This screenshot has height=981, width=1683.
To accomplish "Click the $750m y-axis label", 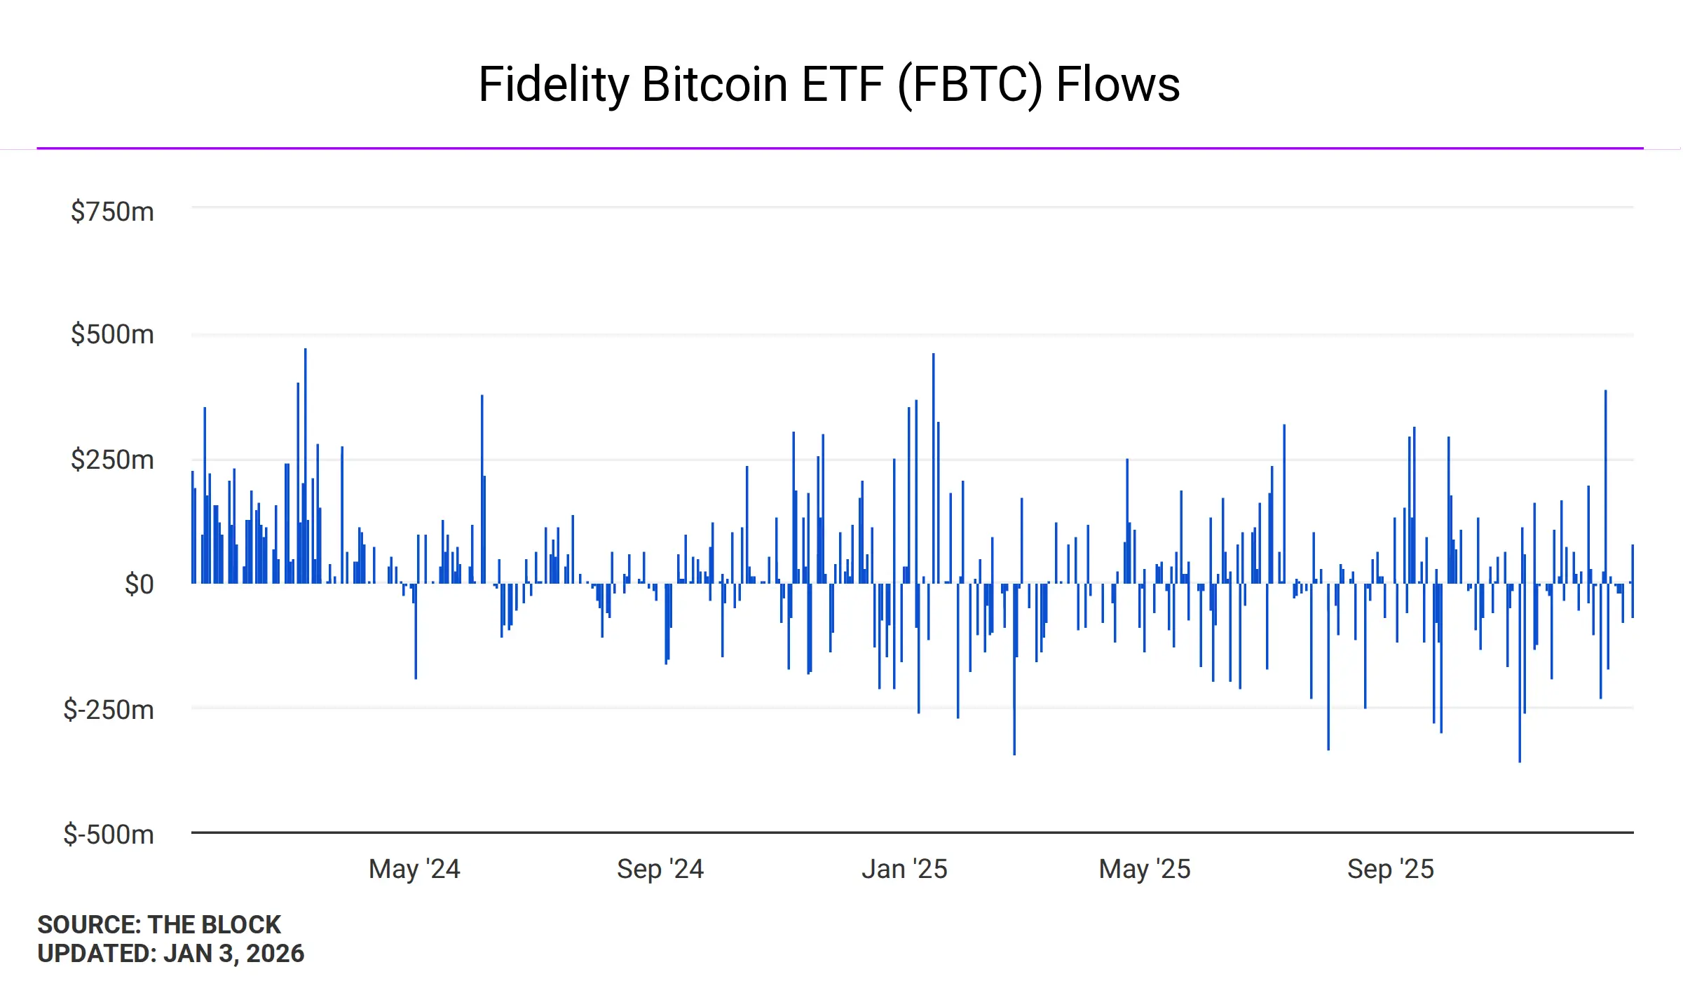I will click(x=112, y=212).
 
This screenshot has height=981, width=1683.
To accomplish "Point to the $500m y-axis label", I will click(x=112, y=334).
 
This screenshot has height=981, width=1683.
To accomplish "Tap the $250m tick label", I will click(x=112, y=460).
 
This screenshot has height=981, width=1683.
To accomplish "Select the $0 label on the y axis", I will click(x=139, y=584).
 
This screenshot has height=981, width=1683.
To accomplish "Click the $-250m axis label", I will click(x=109, y=710).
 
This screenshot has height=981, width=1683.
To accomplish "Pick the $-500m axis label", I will click(x=109, y=835).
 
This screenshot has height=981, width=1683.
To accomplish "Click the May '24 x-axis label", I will click(x=414, y=869).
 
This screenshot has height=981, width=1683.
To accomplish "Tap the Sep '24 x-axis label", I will click(x=660, y=869).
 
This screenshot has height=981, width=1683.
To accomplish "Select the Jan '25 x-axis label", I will click(x=904, y=869).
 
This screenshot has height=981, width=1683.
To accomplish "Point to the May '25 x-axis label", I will click(x=1145, y=869).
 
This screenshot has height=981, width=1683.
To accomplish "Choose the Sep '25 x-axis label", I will click(x=1391, y=869).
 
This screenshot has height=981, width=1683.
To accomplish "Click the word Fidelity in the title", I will click(x=554, y=85).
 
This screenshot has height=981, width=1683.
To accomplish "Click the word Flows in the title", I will click(x=1118, y=85).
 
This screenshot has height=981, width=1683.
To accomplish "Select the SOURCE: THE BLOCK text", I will click(x=159, y=925).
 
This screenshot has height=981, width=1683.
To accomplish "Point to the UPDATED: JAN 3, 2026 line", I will click(x=171, y=954).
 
